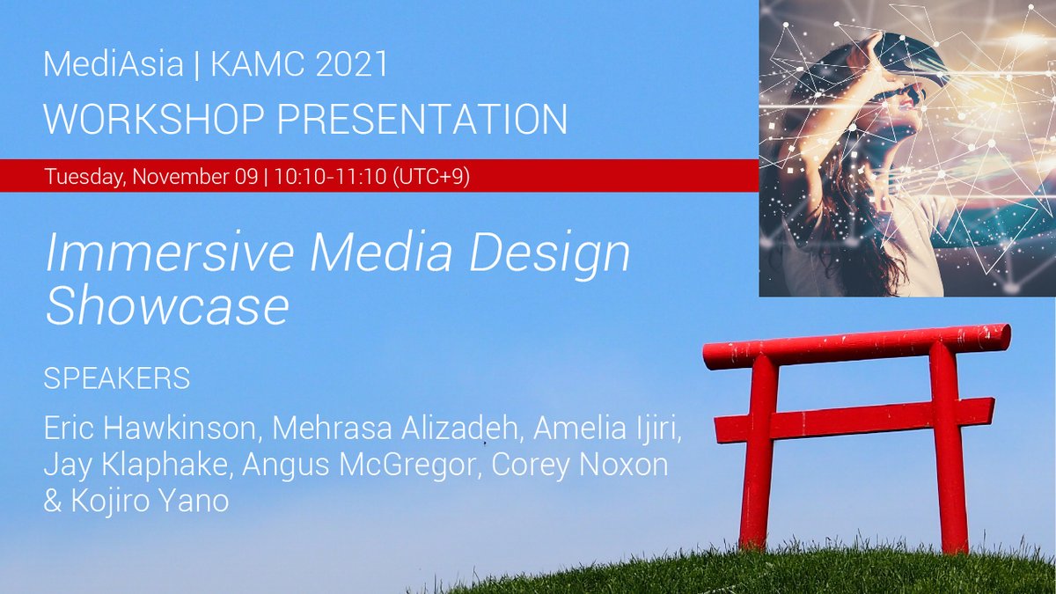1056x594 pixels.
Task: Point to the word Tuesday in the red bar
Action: (85, 176)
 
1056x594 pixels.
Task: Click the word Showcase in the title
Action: (167, 307)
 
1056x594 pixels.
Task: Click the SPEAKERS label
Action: (116, 379)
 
